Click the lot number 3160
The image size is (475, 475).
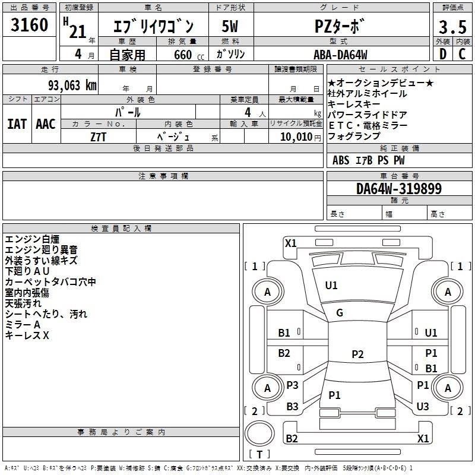pos(30,26)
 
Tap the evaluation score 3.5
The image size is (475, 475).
pos(452,27)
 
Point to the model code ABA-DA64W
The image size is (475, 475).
pos(340,55)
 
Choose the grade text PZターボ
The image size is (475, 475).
pos(340,27)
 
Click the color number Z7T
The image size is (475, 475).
pos(98,137)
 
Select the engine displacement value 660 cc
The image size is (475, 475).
pos(180,55)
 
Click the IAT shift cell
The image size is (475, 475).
pos(17,124)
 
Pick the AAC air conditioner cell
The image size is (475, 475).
pos(45,124)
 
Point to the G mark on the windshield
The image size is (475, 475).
pos(340,313)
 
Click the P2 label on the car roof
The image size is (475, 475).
pos(357,354)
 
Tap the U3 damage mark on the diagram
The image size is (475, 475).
pos(423,406)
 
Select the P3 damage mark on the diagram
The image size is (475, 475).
pos(292,385)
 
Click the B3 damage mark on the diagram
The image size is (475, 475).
pos(292,407)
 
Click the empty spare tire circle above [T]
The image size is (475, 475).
pos(259,434)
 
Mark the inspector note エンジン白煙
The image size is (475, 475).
pos(32,239)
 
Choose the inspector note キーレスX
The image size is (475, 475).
pos(27,335)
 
